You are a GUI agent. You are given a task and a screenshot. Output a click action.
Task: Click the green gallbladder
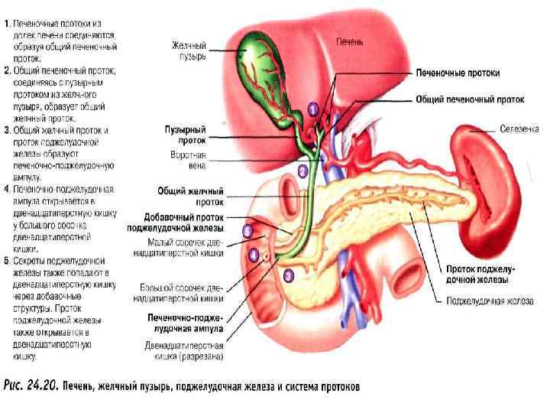click(x=256, y=65)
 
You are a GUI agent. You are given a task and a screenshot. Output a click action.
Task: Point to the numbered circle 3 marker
click(x=288, y=274)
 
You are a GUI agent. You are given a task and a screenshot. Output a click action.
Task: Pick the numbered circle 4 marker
click(x=254, y=254)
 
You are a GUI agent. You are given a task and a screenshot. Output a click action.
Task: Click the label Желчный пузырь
click(x=188, y=51)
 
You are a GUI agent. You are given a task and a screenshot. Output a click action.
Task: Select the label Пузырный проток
click(x=186, y=135)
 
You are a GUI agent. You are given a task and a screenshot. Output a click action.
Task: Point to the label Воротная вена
click(x=188, y=160)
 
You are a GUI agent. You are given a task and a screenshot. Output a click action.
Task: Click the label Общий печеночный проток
click(x=470, y=99)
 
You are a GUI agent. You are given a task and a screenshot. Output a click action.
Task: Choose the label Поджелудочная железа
click(x=490, y=302)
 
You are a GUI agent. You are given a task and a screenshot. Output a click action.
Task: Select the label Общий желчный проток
click(x=190, y=195)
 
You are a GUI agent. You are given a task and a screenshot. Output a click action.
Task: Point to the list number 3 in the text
click(x=6, y=131)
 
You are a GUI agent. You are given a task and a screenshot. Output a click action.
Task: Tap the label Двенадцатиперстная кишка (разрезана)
click(x=186, y=350)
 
